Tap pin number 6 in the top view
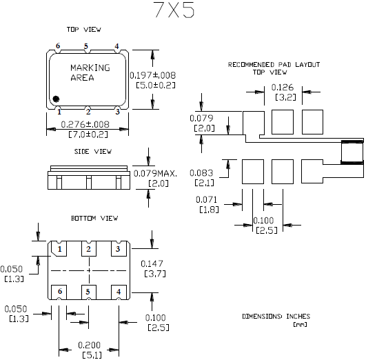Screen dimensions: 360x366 pos(59,46)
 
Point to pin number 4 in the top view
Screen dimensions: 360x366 pos(116,46)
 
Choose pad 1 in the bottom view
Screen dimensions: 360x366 pos(60,249)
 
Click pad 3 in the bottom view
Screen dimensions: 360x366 pos(118,249)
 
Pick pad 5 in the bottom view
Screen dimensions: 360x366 pos(88,292)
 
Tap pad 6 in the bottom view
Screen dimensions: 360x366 pos(60,292)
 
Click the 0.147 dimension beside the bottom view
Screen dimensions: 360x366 pos(152,263)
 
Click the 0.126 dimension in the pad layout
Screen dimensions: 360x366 pos(285,87)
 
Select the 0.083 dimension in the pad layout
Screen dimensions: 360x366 pos(200,172)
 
